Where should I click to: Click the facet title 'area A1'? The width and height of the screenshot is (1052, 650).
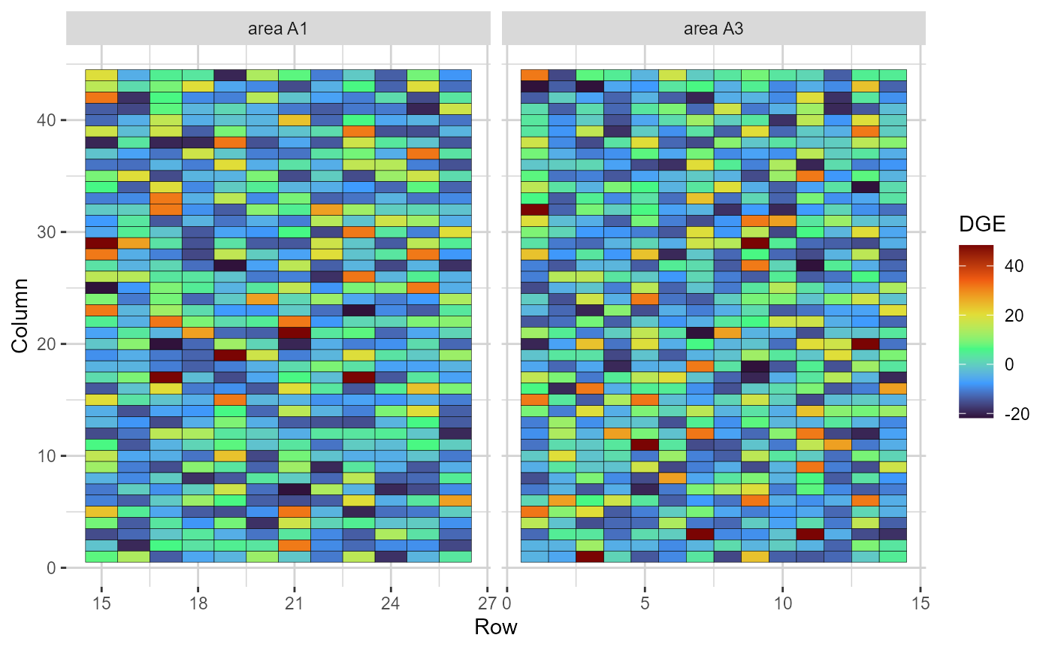pos(278,29)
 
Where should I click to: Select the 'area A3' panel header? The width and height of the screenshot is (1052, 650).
pos(713,29)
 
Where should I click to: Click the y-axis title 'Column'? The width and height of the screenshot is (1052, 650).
pos(20,316)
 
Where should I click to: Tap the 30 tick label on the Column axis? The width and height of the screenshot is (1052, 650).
pos(47,231)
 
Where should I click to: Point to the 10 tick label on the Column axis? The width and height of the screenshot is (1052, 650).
pos(47,456)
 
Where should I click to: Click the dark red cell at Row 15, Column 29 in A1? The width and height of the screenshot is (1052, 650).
pos(101,243)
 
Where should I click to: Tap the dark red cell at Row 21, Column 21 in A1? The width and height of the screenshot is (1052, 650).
pos(294,332)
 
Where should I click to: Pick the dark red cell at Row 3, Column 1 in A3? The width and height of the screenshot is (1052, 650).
pos(590,557)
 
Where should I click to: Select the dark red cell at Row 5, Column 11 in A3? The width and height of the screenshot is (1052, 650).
pos(645,444)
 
